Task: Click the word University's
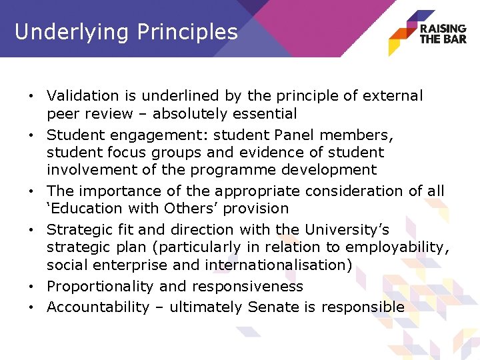click(x=346, y=230)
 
